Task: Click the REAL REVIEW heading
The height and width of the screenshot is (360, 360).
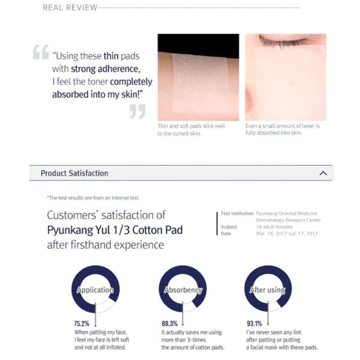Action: (70, 8)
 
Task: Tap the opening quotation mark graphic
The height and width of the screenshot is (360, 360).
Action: (41, 52)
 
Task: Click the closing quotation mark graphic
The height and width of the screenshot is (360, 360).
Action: (137, 112)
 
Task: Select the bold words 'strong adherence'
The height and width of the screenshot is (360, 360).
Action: (106, 69)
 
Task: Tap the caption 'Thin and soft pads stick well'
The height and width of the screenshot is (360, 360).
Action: (191, 126)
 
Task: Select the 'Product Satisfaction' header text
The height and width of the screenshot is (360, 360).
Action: (74, 173)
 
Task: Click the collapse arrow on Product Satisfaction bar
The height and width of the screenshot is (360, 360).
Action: (323, 173)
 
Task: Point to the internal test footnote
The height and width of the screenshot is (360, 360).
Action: (93, 197)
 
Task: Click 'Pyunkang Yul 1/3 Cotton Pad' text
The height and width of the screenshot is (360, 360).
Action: (115, 230)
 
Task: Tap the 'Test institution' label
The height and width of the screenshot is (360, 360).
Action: (237, 213)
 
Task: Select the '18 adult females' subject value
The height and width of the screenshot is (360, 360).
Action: (274, 227)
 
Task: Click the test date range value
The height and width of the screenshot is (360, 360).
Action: (287, 233)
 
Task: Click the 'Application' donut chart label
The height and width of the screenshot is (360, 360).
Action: (95, 290)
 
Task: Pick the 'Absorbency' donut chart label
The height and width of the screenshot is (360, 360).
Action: (183, 290)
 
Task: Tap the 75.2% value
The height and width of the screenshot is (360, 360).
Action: (82, 323)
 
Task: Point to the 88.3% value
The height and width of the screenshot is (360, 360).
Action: (170, 323)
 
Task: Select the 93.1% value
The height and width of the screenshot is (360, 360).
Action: (254, 323)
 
